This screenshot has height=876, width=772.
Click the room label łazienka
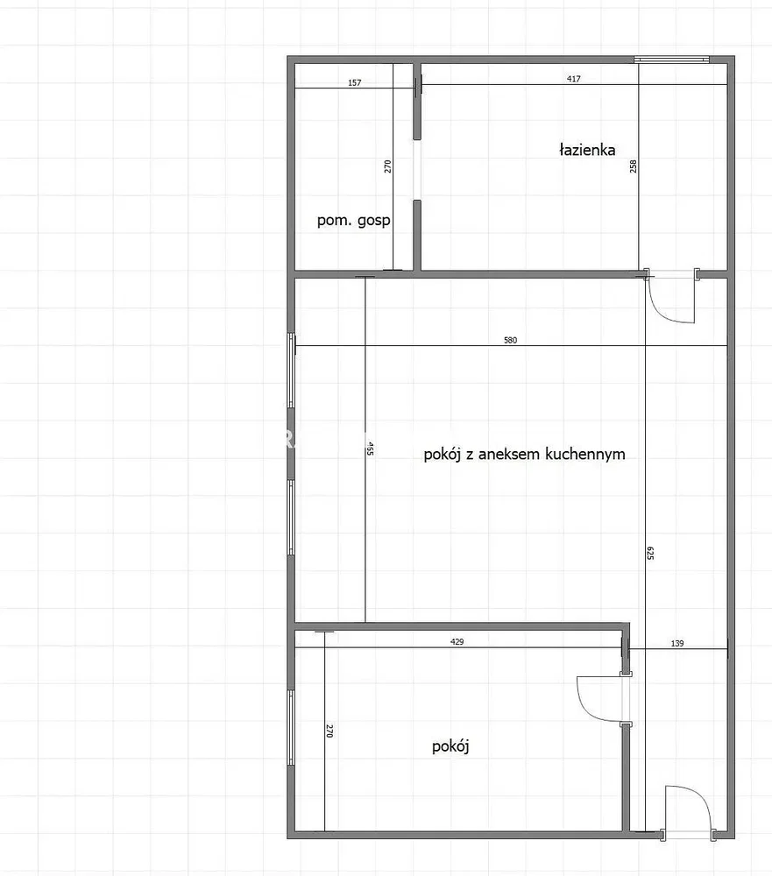point(587,150)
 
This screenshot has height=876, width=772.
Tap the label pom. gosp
point(353,220)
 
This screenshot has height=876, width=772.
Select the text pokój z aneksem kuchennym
point(524,454)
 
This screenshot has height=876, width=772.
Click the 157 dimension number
point(354,82)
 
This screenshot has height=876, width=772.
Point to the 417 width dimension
point(574,79)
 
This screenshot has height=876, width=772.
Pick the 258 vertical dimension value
point(634,166)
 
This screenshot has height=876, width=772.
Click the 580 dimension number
point(510,340)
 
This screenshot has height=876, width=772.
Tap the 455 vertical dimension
point(369,449)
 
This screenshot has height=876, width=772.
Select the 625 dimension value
point(649,553)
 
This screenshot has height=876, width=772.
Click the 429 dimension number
point(457,642)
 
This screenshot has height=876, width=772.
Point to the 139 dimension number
point(677,643)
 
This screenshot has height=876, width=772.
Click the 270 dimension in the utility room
point(388,166)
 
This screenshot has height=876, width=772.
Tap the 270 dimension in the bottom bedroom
point(329,731)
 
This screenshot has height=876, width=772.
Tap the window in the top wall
point(671,60)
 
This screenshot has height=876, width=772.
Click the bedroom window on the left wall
point(291,727)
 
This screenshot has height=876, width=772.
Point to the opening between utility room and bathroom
point(417,169)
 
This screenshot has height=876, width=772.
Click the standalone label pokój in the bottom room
point(450,746)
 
